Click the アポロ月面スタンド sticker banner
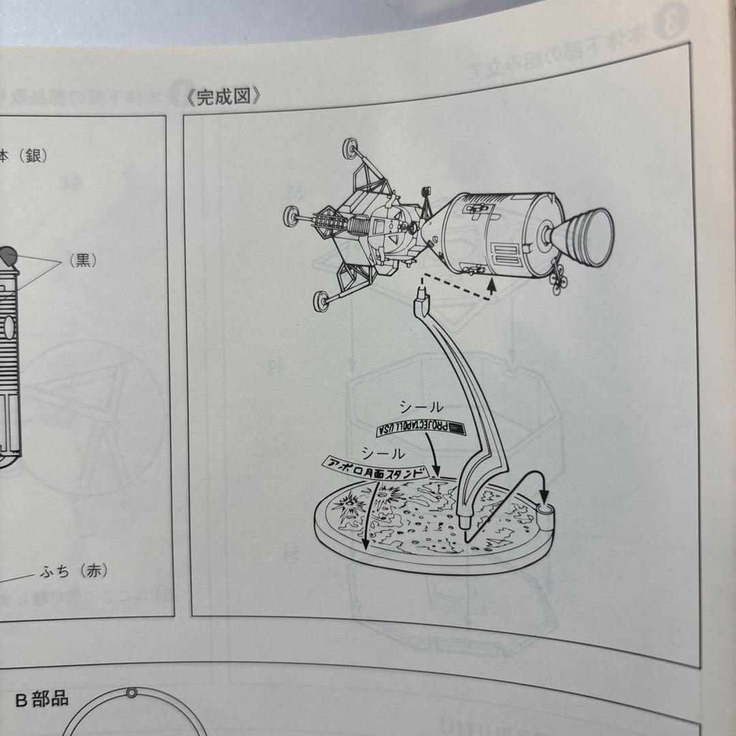(x=373, y=468)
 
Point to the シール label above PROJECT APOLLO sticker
(x=416, y=407)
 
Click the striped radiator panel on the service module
(x=507, y=257)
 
